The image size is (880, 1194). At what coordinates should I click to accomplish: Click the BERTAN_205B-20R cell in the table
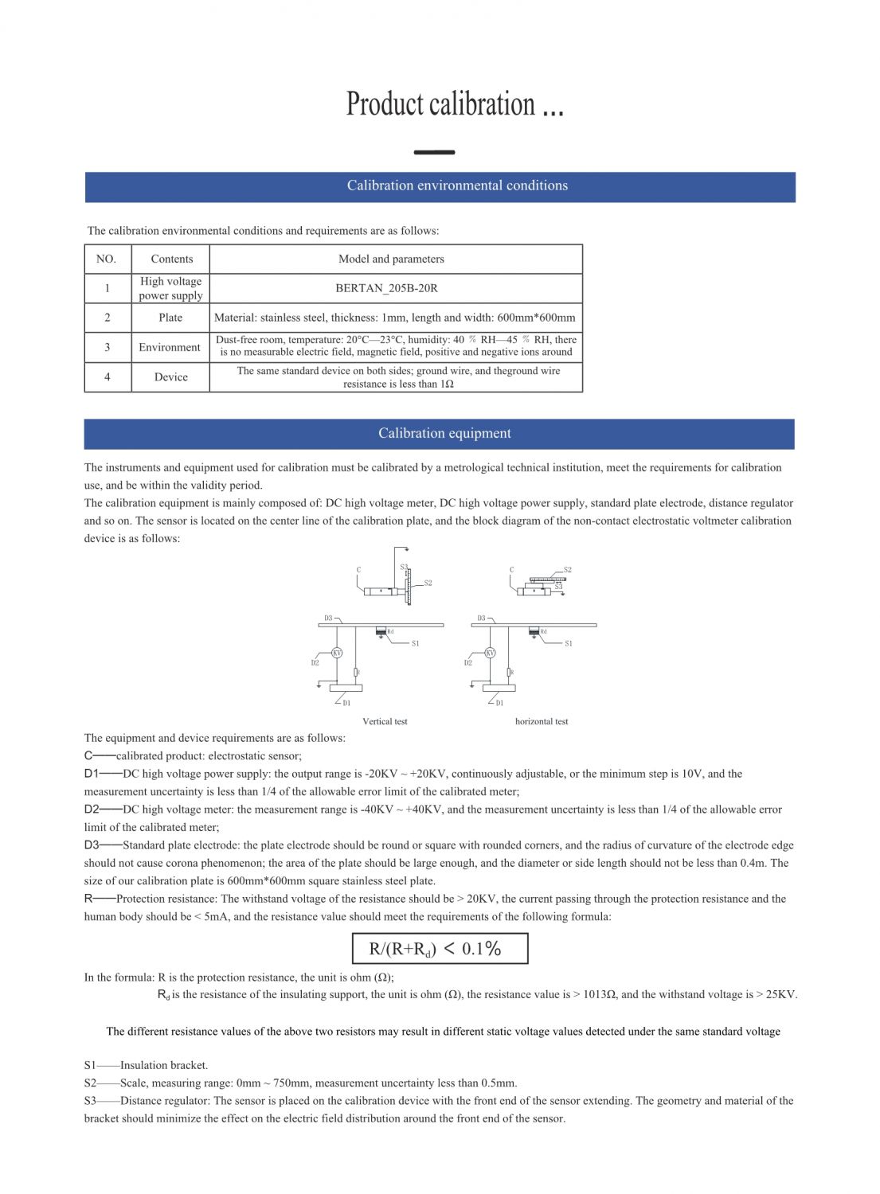(x=386, y=288)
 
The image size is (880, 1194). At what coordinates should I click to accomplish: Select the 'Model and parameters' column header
(x=391, y=259)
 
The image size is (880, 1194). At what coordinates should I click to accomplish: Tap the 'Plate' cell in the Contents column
(x=170, y=318)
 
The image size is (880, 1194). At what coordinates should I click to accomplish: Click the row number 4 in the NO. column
(x=107, y=377)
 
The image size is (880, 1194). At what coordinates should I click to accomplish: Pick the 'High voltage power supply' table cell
(x=170, y=288)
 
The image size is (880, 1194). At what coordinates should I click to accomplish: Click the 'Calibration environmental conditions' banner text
(x=457, y=185)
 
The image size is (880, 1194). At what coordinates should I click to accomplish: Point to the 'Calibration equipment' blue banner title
(x=444, y=433)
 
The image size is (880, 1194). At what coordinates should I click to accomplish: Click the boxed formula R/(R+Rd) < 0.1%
(x=440, y=948)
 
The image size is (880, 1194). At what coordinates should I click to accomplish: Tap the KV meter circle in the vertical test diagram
(x=337, y=653)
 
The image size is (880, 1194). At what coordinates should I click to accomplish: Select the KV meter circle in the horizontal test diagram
(x=490, y=653)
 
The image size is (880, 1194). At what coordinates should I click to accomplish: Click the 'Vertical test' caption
(x=385, y=721)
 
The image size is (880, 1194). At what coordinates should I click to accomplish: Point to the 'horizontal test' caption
(x=542, y=721)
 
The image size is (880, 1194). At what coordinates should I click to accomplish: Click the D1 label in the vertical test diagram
(x=346, y=703)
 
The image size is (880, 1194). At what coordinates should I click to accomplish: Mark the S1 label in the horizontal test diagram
(x=568, y=643)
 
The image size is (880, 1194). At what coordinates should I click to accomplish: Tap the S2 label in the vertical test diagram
(x=428, y=583)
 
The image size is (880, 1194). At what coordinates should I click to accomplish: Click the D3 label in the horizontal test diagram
(x=481, y=618)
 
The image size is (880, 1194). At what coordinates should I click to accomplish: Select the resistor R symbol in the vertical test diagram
(x=356, y=672)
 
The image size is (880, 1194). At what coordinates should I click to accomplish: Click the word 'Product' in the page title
(x=385, y=104)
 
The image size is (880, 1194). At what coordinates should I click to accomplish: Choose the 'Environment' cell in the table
(x=170, y=347)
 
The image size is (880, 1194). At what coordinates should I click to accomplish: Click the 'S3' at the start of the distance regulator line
(x=90, y=1101)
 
